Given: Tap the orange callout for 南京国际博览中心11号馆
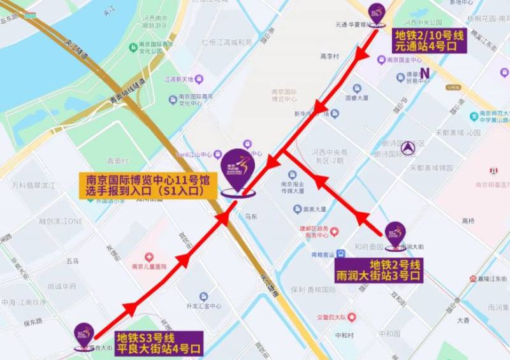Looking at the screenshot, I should click(x=145, y=184).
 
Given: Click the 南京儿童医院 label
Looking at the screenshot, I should click(x=149, y=267).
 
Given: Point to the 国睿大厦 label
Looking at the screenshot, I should click(x=357, y=98).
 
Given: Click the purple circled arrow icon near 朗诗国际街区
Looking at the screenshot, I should click(x=409, y=148).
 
